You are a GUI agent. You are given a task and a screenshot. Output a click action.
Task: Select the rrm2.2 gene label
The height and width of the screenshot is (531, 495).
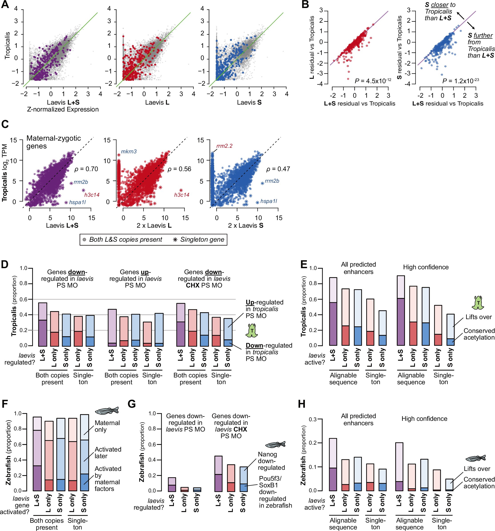pos(224,146)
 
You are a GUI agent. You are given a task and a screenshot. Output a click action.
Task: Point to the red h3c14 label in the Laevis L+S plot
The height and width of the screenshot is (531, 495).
pos(92,195)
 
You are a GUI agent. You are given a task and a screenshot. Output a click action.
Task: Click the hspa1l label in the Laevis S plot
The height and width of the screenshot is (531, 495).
pos(268,201)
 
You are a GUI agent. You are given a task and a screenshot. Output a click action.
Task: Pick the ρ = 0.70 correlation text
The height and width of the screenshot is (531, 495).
pos(86,169)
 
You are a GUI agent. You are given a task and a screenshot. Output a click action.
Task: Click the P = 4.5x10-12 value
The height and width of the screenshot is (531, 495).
pos(373,81)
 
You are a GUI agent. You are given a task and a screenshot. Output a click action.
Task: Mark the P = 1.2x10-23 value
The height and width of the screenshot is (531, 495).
pos(461,81)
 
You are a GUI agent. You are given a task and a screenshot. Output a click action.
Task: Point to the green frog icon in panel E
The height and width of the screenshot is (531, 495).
pos(478,303)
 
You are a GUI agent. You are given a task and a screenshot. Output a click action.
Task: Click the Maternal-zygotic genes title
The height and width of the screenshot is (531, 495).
pos(53,142)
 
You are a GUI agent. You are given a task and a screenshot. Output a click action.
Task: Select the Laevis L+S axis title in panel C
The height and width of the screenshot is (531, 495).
pos(62,225)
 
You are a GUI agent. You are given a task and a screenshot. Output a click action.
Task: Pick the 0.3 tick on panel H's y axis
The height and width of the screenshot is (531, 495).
pos(313,419)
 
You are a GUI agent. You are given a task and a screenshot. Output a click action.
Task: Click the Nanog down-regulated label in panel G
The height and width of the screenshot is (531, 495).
pos(271,461)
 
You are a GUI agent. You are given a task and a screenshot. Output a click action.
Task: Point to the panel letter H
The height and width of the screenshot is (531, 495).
pos(302,404)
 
